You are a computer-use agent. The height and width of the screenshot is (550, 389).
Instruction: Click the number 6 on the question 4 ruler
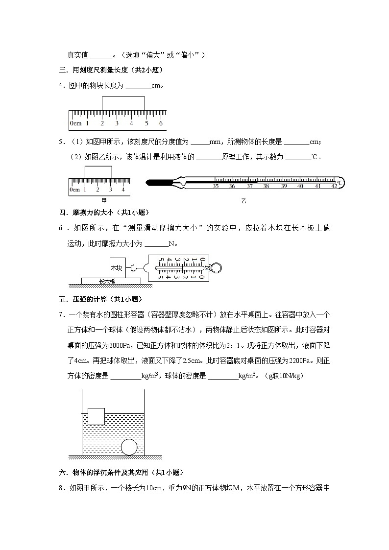(x=161, y=123)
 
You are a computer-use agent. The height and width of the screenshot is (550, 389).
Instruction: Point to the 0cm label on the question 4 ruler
(x=75, y=123)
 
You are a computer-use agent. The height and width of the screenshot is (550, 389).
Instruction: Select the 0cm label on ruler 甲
(x=74, y=190)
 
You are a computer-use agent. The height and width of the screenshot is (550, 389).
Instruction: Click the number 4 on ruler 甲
(x=123, y=190)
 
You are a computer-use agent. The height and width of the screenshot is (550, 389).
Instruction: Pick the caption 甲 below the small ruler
(x=104, y=200)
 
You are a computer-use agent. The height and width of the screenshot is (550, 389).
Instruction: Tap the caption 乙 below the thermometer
(x=243, y=201)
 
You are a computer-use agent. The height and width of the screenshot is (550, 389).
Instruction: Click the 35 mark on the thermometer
(x=216, y=186)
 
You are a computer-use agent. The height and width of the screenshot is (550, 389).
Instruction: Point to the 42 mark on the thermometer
(x=334, y=186)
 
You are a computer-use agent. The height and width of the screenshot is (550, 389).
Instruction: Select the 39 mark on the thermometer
(x=283, y=186)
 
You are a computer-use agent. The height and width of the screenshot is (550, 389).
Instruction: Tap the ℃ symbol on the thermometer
(x=340, y=182)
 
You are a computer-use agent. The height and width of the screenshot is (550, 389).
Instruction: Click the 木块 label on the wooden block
(x=117, y=268)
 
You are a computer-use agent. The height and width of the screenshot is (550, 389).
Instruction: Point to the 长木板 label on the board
(x=107, y=281)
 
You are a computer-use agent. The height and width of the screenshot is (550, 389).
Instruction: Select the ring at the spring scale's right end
(x=216, y=267)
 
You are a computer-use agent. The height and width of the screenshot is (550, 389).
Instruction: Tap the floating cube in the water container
(x=96, y=416)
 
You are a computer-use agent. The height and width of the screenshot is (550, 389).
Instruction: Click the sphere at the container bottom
(x=129, y=447)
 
